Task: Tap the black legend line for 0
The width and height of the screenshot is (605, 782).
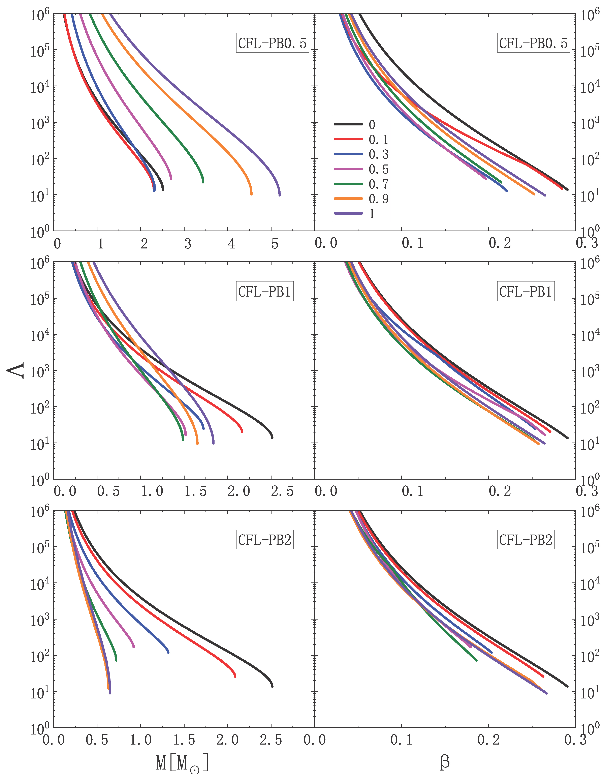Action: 348,124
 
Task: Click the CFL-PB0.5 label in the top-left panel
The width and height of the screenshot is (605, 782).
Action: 272,43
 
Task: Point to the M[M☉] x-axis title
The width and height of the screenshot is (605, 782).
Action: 182,763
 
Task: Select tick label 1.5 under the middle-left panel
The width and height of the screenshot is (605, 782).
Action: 195,492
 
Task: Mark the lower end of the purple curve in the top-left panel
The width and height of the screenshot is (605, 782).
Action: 280,195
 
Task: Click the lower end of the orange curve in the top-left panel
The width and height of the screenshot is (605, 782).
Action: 251,194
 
